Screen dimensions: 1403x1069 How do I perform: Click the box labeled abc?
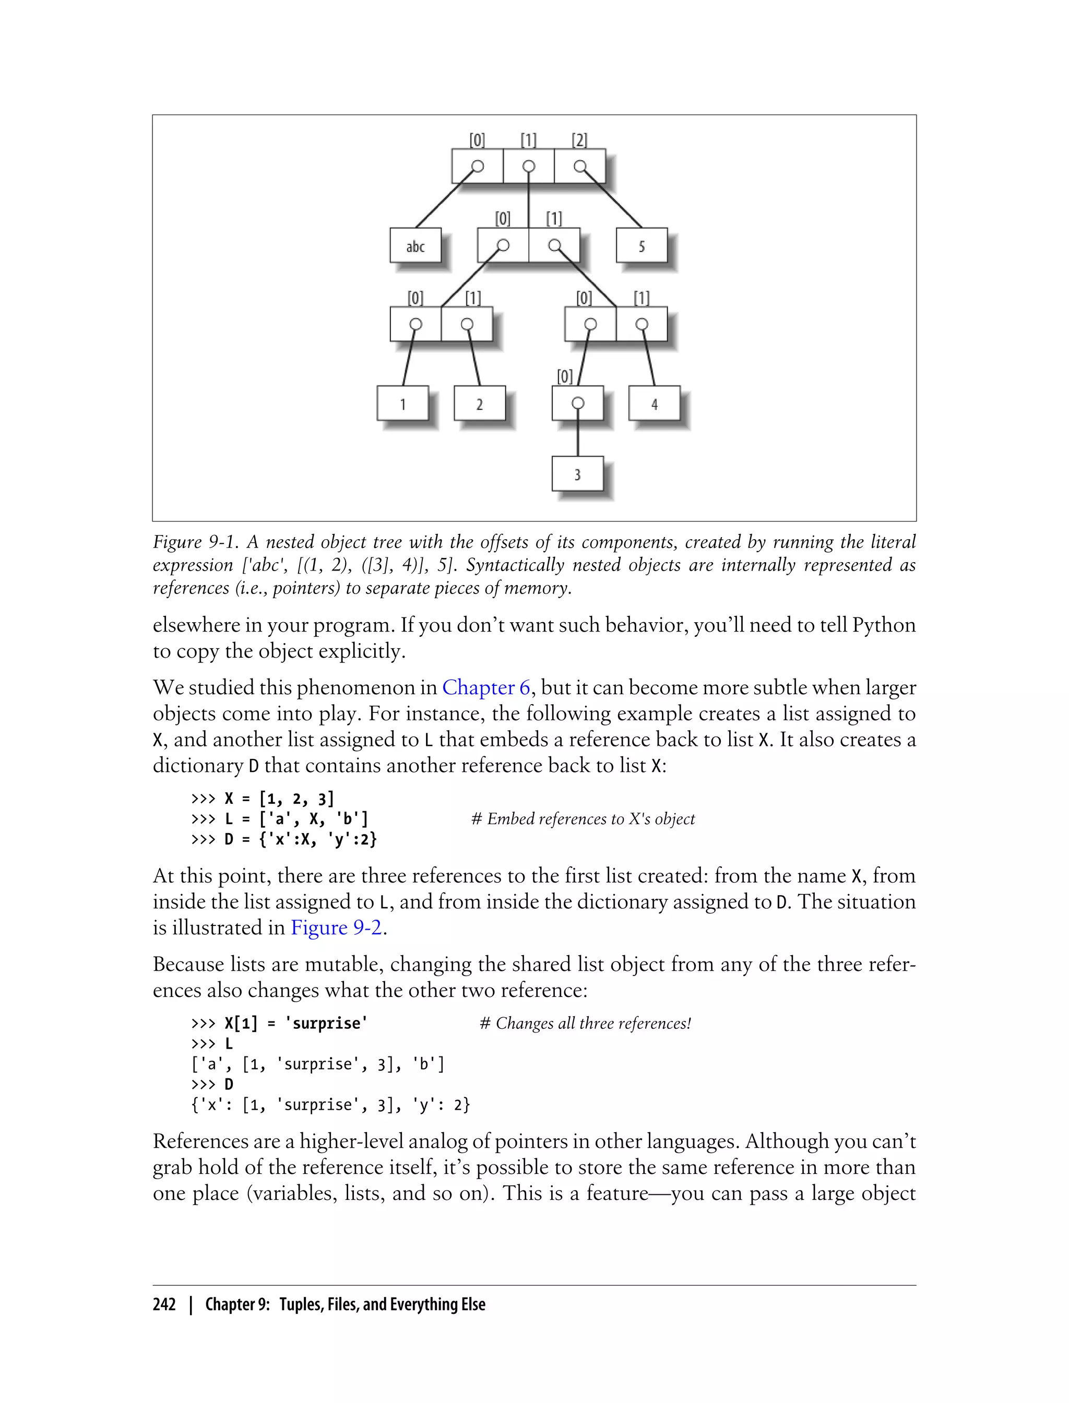coord(415,246)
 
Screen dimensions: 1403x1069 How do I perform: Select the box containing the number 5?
coord(642,246)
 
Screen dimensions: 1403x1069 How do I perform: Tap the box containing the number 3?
coord(577,474)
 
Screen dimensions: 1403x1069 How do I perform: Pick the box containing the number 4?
coord(654,403)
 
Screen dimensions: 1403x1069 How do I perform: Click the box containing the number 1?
coord(402,403)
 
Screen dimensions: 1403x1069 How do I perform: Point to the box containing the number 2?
coord(479,403)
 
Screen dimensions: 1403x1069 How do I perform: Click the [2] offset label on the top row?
coord(579,140)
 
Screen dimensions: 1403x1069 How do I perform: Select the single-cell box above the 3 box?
coord(577,403)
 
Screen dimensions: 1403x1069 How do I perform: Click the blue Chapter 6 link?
coord(486,687)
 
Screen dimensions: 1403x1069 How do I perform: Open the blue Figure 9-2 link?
coord(337,928)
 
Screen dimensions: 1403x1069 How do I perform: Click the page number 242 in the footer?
coord(164,1304)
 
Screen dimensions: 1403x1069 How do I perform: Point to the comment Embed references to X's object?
coord(583,819)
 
